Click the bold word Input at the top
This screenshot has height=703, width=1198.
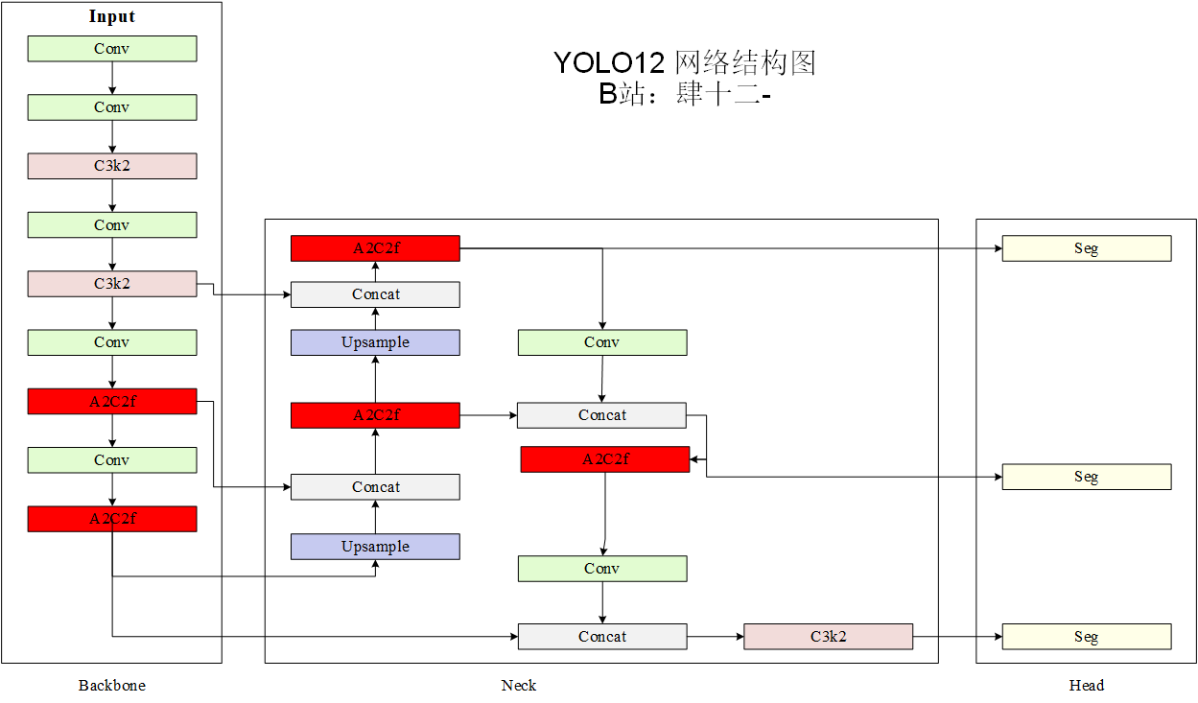pos(112,16)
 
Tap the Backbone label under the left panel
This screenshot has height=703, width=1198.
pos(112,685)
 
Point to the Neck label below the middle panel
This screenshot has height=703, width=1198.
pos(519,685)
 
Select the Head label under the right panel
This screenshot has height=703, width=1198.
pos(1086,685)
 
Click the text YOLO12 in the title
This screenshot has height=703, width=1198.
pos(609,63)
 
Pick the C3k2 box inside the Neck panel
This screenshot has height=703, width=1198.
pos(828,637)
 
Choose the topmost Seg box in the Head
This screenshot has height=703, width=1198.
pos(1086,248)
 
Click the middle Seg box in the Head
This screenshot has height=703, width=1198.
pos(1086,477)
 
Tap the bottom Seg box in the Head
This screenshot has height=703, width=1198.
pos(1086,637)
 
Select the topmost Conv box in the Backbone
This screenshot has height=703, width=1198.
pos(112,49)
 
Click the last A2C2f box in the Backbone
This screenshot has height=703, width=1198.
pos(112,519)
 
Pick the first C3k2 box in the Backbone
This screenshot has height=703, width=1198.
pos(112,166)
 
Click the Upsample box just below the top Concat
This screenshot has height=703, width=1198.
pos(375,342)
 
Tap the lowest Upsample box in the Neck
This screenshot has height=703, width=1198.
pos(375,547)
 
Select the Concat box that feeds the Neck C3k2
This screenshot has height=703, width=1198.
pos(602,637)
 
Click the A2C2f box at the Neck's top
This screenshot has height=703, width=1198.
pos(375,248)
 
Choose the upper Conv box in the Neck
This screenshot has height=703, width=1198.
pos(602,342)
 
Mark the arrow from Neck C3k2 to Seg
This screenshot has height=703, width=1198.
pos(957,637)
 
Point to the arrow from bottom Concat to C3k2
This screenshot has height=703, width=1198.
pos(715,637)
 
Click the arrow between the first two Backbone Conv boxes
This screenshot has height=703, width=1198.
pos(112,78)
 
